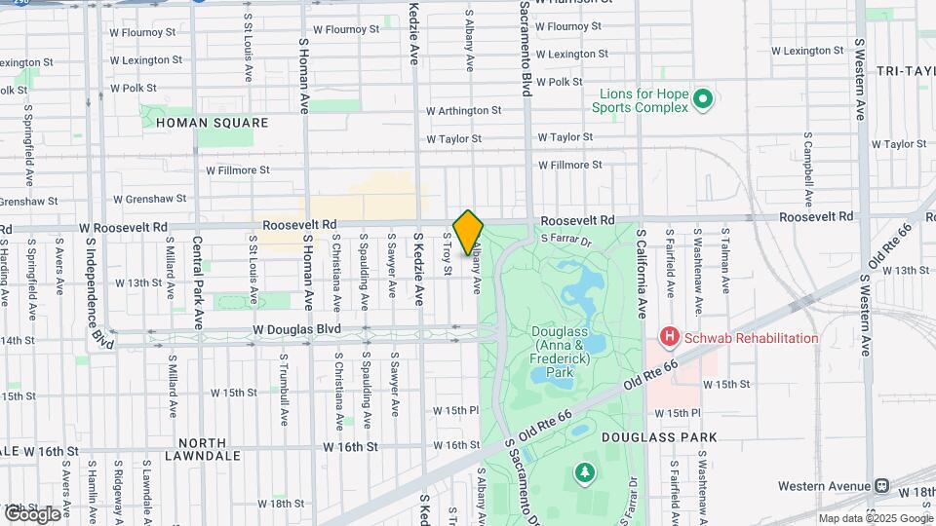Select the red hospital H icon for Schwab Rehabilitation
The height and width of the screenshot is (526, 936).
(x=670, y=338)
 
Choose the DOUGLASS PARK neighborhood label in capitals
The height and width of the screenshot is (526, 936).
(x=659, y=437)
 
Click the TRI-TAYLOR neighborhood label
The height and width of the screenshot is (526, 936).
(x=905, y=72)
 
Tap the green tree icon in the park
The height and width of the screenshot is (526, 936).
(x=584, y=472)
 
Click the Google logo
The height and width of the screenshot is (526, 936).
(x=32, y=513)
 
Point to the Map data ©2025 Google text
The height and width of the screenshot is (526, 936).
(x=875, y=518)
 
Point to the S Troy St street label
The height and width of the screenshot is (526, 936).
(x=448, y=253)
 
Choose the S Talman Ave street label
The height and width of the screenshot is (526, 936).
(x=725, y=261)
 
